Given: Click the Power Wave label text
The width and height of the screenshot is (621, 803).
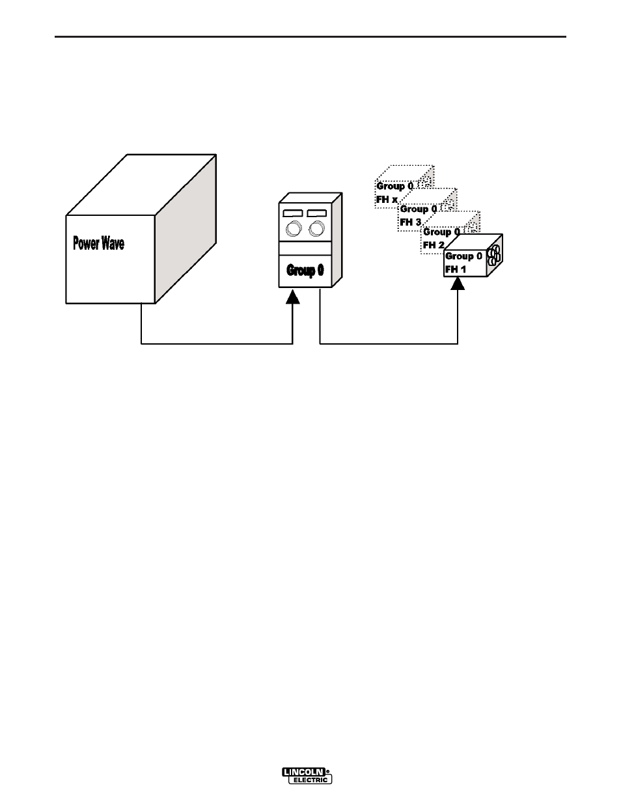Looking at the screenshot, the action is coord(98,243).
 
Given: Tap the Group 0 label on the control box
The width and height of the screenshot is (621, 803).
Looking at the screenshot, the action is coord(305,270).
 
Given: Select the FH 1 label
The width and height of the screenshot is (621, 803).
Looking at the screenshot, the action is coord(455,269).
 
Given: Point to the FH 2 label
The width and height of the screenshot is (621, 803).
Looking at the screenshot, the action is coord(434,245).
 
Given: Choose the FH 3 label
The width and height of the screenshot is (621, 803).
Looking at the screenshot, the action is coord(410,222).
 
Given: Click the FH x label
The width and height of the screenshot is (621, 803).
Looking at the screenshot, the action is coord(387,200).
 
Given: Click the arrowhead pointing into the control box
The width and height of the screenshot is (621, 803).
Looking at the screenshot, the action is coord(293,296).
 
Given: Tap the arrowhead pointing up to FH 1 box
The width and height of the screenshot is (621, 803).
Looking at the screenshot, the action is coord(458,283).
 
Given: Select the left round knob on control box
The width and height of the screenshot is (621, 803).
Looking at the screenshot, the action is coord(294,229).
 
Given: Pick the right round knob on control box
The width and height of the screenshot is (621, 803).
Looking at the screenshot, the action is coord(316,229).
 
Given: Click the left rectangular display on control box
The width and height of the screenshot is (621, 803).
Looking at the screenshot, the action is coord(293,213).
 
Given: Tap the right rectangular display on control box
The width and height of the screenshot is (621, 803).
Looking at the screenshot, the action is coord(317,213).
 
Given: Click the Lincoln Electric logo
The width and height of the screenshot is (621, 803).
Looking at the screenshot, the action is coord(307,775).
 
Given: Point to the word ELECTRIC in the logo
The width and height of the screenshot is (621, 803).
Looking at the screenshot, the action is coord(310,780).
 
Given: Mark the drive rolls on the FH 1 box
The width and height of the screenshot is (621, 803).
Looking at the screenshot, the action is coord(494,256).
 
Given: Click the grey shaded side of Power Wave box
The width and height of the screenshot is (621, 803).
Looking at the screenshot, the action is coord(186,229).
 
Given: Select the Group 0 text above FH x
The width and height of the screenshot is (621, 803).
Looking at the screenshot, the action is coord(394,186).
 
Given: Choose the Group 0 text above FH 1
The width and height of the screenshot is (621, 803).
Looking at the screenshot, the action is coord(464,256).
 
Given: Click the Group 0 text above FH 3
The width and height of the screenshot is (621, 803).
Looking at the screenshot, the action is coord(419,209).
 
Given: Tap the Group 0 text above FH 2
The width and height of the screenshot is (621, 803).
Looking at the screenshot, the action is coord(441,231).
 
